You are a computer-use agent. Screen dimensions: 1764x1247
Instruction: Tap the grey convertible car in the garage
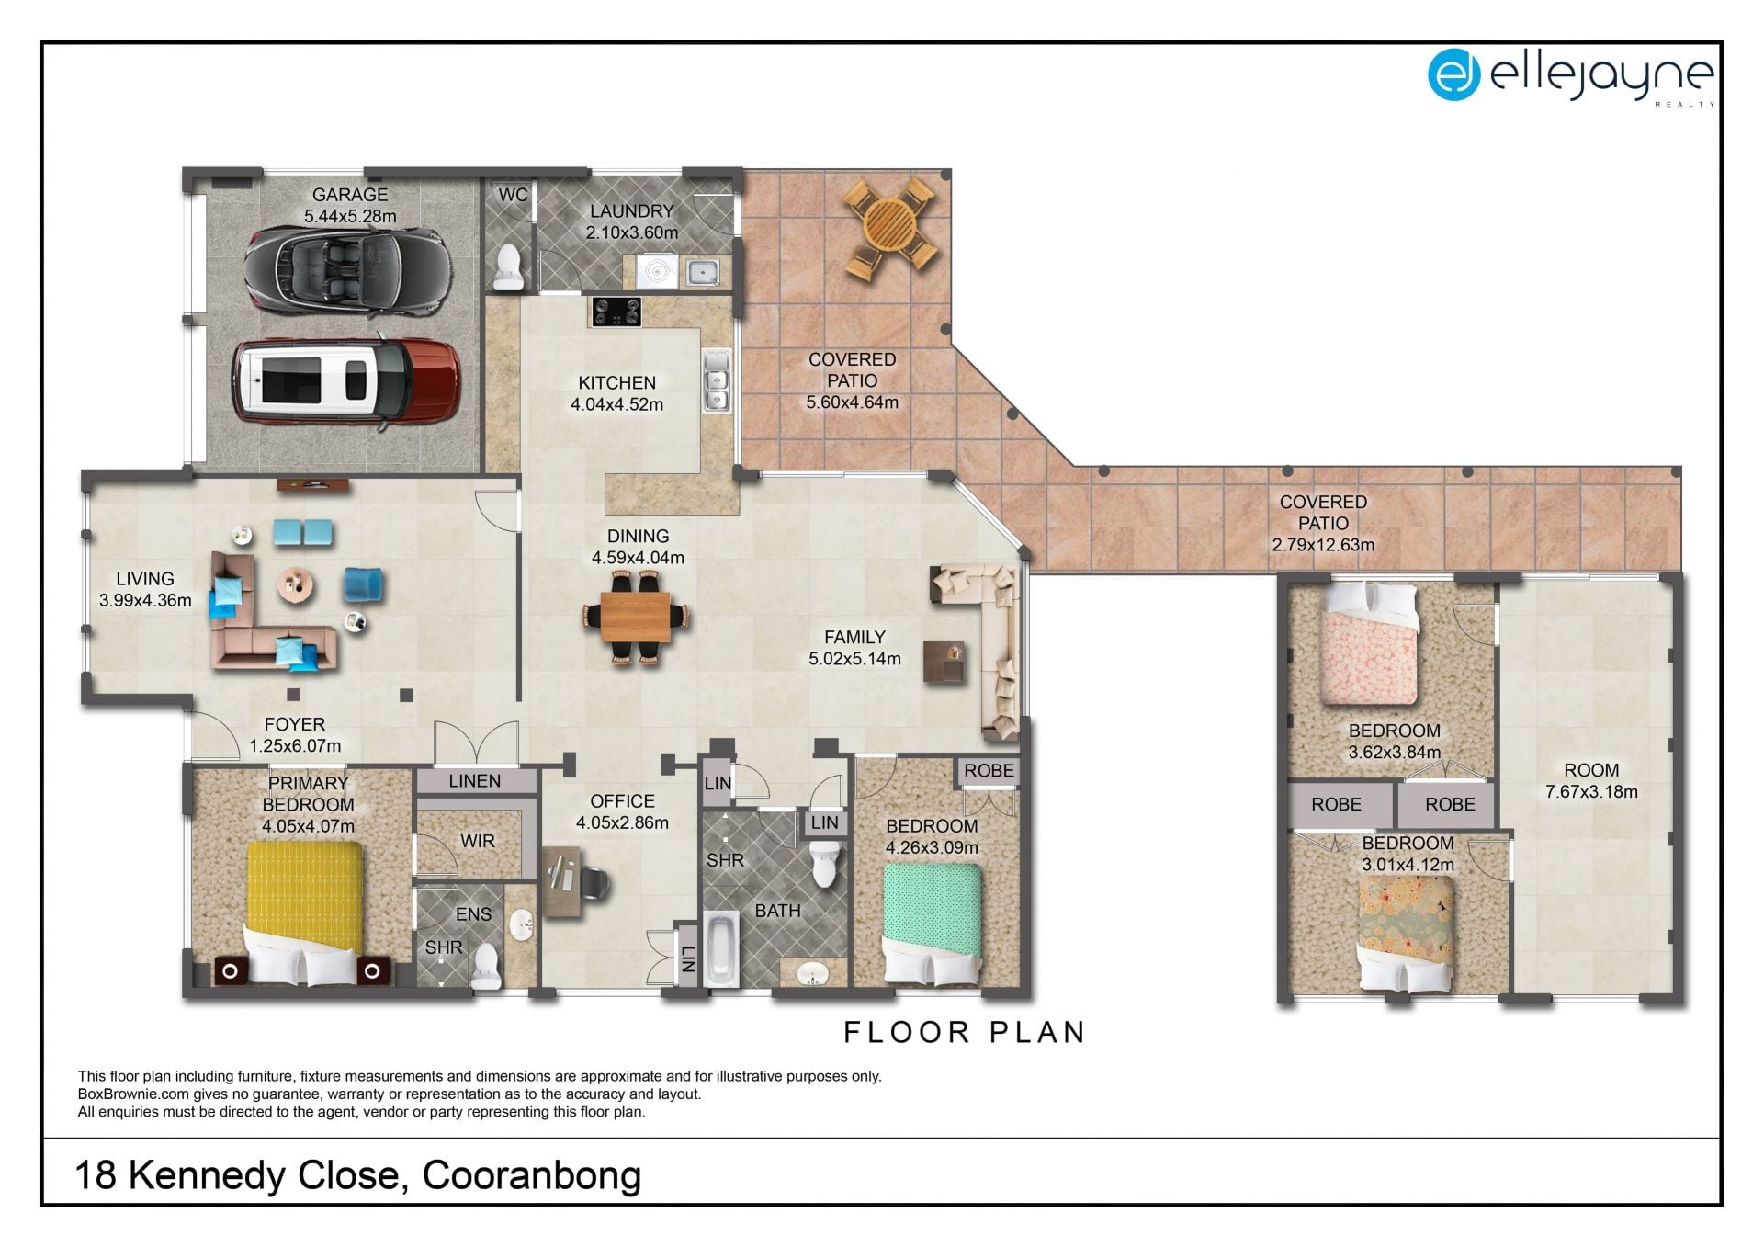click(347, 269)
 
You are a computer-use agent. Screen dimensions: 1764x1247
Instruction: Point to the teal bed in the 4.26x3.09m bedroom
click(933, 924)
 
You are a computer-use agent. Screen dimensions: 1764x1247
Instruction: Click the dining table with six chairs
click(636, 617)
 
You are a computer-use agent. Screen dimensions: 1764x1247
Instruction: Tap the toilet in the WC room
click(507, 266)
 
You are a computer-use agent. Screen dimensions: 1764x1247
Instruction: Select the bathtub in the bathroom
click(721, 948)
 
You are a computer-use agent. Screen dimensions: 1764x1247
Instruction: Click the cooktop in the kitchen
click(616, 312)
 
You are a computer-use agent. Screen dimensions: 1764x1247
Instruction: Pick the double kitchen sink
click(716, 380)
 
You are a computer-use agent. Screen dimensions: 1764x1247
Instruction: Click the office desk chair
click(593, 884)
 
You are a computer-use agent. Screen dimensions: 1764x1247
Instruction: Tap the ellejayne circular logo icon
click(1453, 74)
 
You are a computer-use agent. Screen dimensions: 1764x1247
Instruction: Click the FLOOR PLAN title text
click(965, 1032)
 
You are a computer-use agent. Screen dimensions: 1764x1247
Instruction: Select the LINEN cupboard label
click(475, 781)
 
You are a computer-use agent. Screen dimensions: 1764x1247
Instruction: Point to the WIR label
click(477, 841)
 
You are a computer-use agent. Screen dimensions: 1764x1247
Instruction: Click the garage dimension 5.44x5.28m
click(350, 217)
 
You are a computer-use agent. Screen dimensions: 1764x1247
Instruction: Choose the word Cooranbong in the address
click(532, 1175)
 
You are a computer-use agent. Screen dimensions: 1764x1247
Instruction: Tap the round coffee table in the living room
click(296, 584)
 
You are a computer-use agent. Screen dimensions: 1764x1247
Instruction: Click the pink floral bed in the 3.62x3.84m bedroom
click(1369, 644)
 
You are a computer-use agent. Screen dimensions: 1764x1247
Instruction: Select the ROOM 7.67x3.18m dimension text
click(1591, 792)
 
